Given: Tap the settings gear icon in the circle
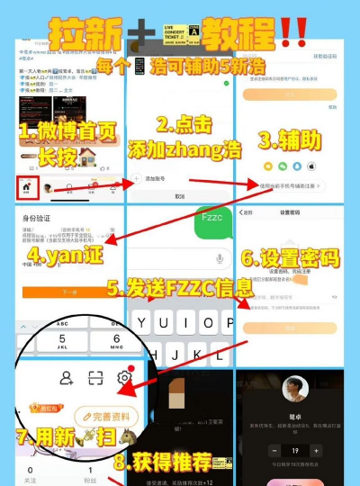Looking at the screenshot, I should coord(125,378).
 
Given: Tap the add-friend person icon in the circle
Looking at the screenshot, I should coord(66,379).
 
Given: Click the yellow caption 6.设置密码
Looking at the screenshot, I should coord(290,259).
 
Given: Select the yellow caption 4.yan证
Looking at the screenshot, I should coord(60,255).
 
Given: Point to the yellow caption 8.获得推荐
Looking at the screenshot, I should coord(175,463).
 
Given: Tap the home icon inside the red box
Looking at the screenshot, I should coord(27,190).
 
